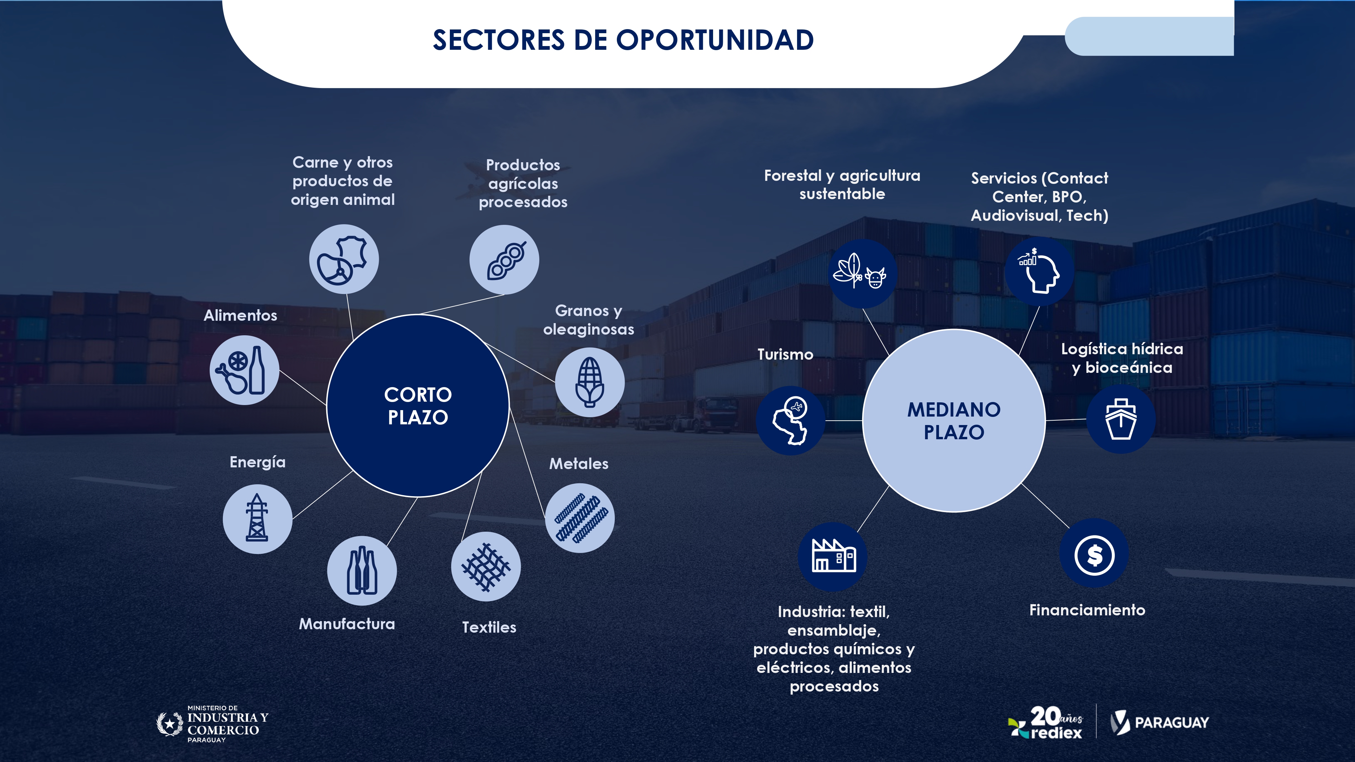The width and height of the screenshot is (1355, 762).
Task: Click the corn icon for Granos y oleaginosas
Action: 590,382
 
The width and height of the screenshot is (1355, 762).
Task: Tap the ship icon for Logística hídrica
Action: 1121,419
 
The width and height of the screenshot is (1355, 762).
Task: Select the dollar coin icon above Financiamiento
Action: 1094,555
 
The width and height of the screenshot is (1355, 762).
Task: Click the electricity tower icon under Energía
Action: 257,518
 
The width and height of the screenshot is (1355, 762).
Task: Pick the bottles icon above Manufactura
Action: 362,571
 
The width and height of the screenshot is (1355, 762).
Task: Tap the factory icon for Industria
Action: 833,555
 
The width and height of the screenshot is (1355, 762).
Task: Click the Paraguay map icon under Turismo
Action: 791,421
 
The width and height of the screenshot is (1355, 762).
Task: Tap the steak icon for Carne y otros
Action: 343,260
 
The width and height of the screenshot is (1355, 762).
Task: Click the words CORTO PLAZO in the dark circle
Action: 418,405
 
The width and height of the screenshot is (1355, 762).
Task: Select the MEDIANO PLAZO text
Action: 954,421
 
